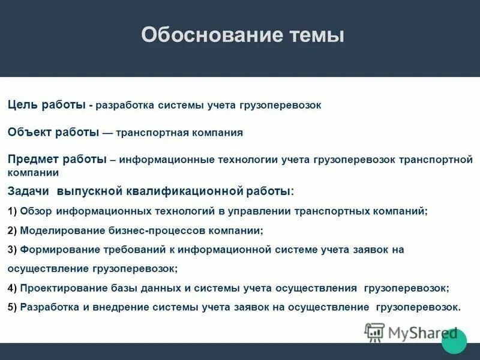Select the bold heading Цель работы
coord(46,105)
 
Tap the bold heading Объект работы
coord(53,132)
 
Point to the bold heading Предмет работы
coord(57,159)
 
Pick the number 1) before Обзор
coord(13,211)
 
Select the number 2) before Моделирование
coord(13,230)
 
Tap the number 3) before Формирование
coord(13,250)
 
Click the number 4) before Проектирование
coord(13,288)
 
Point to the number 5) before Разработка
coord(13,307)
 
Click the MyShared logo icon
coord(374,332)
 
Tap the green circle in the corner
coord(454,341)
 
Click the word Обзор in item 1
coord(35,211)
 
